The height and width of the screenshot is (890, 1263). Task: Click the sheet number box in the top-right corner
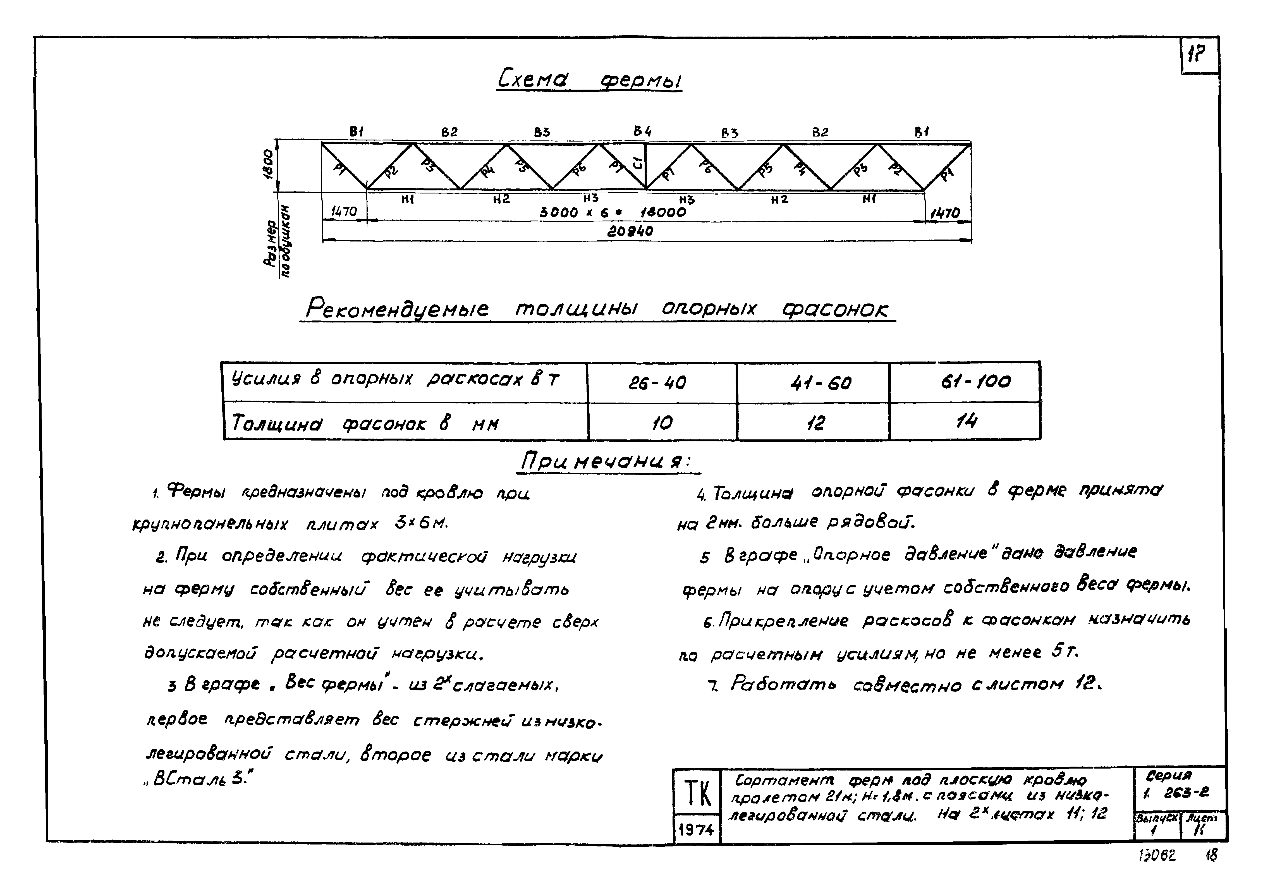tap(1199, 55)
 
